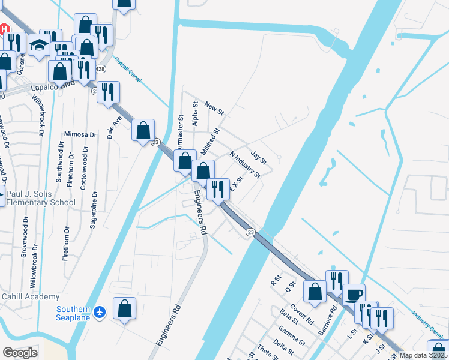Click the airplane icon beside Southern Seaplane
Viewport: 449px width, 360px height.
pyautogui.click(x=100, y=313)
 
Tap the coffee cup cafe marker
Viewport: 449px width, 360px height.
pyautogui.click(x=354, y=295)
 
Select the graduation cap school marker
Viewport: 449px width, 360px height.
pyautogui.click(x=40, y=46)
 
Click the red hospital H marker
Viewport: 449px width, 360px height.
pyautogui.click(x=4, y=29)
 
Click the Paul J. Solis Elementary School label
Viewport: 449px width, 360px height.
pyautogui.click(x=41, y=198)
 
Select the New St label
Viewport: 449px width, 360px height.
pyautogui.click(x=214, y=108)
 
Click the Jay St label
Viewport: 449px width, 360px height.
pyautogui.click(x=258, y=157)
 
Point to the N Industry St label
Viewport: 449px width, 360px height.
pyautogui.click(x=245, y=165)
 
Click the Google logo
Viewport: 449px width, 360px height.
pyautogui.click(x=20, y=353)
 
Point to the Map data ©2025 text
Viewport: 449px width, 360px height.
pyautogui.click(x=424, y=355)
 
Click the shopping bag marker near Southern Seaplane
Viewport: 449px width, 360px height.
pyautogui.click(x=124, y=308)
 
